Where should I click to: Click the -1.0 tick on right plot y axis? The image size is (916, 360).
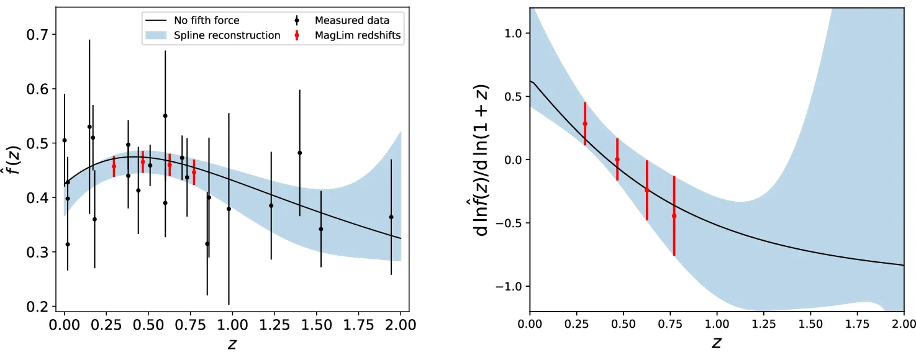pyautogui.click(x=510, y=286)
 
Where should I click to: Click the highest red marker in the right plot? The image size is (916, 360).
pyautogui.click(x=585, y=124)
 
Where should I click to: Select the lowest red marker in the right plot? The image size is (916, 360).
pyautogui.click(x=674, y=215)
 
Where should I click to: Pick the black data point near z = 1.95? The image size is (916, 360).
pyautogui.click(x=391, y=217)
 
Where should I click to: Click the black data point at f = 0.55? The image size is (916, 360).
pyautogui.click(x=165, y=115)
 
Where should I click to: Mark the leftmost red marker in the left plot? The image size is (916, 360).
pyautogui.click(x=114, y=166)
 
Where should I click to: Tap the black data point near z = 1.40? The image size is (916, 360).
pyautogui.click(x=299, y=153)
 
